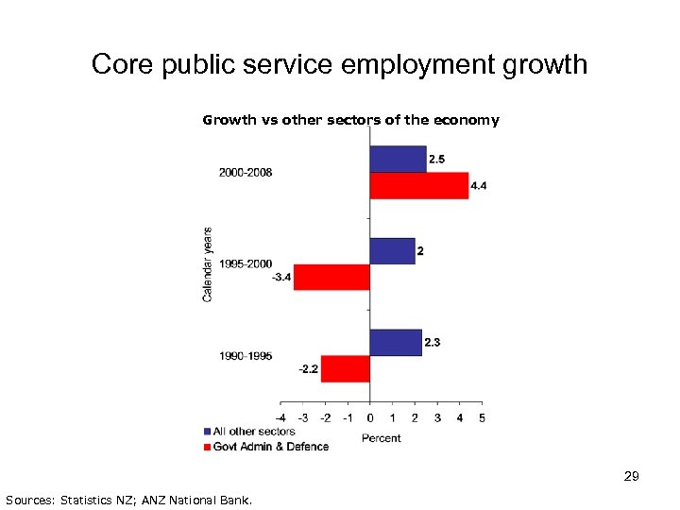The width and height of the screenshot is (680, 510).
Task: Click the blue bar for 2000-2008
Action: pyautogui.click(x=398, y=159)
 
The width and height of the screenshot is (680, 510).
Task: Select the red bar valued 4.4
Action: pyautogui.click(x=418, y=185)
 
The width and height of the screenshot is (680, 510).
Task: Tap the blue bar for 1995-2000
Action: pyautogui.click(x=392, y=250)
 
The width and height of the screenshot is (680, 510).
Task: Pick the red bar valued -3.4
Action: pyautogui.click(x=331, y=277)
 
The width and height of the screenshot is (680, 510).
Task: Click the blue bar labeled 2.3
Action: pyautogui.click(x=395, y=342)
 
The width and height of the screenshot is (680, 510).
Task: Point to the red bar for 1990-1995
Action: pyautogui.click(x=345, y=368)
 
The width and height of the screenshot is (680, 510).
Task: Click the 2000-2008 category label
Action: pyautogui.click(x=246, y=173)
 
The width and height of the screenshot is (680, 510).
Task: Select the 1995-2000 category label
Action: pyautogui.click(x=246, y=263)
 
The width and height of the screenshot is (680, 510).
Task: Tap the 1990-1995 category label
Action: pyautogui.click(x=246, y=355)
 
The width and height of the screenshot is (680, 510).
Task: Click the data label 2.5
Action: pyautogui.click(x=438, y=159)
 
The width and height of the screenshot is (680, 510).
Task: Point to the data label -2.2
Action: pyautogui.click(x=308, y=368)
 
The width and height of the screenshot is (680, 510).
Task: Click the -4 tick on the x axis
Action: pyautogui.click(x=280, y=417)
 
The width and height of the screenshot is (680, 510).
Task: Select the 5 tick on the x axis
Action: pyautogui.click(x=482, y=417)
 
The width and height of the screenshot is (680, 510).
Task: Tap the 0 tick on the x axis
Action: pyautogui.click(x=369, y=417)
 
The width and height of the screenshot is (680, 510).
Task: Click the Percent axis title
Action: pyautogui.click(x=382, y=437)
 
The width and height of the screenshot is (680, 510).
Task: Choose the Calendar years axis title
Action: pyautogui.click(x=208, y=263)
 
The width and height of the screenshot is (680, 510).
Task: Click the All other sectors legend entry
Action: pyautogui.click(x=253, y=432)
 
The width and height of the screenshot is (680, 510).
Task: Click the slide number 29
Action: pyautogui.click(x=632, y=477)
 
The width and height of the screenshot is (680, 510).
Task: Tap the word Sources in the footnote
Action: pyautogui.click(x=28, y=499)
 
